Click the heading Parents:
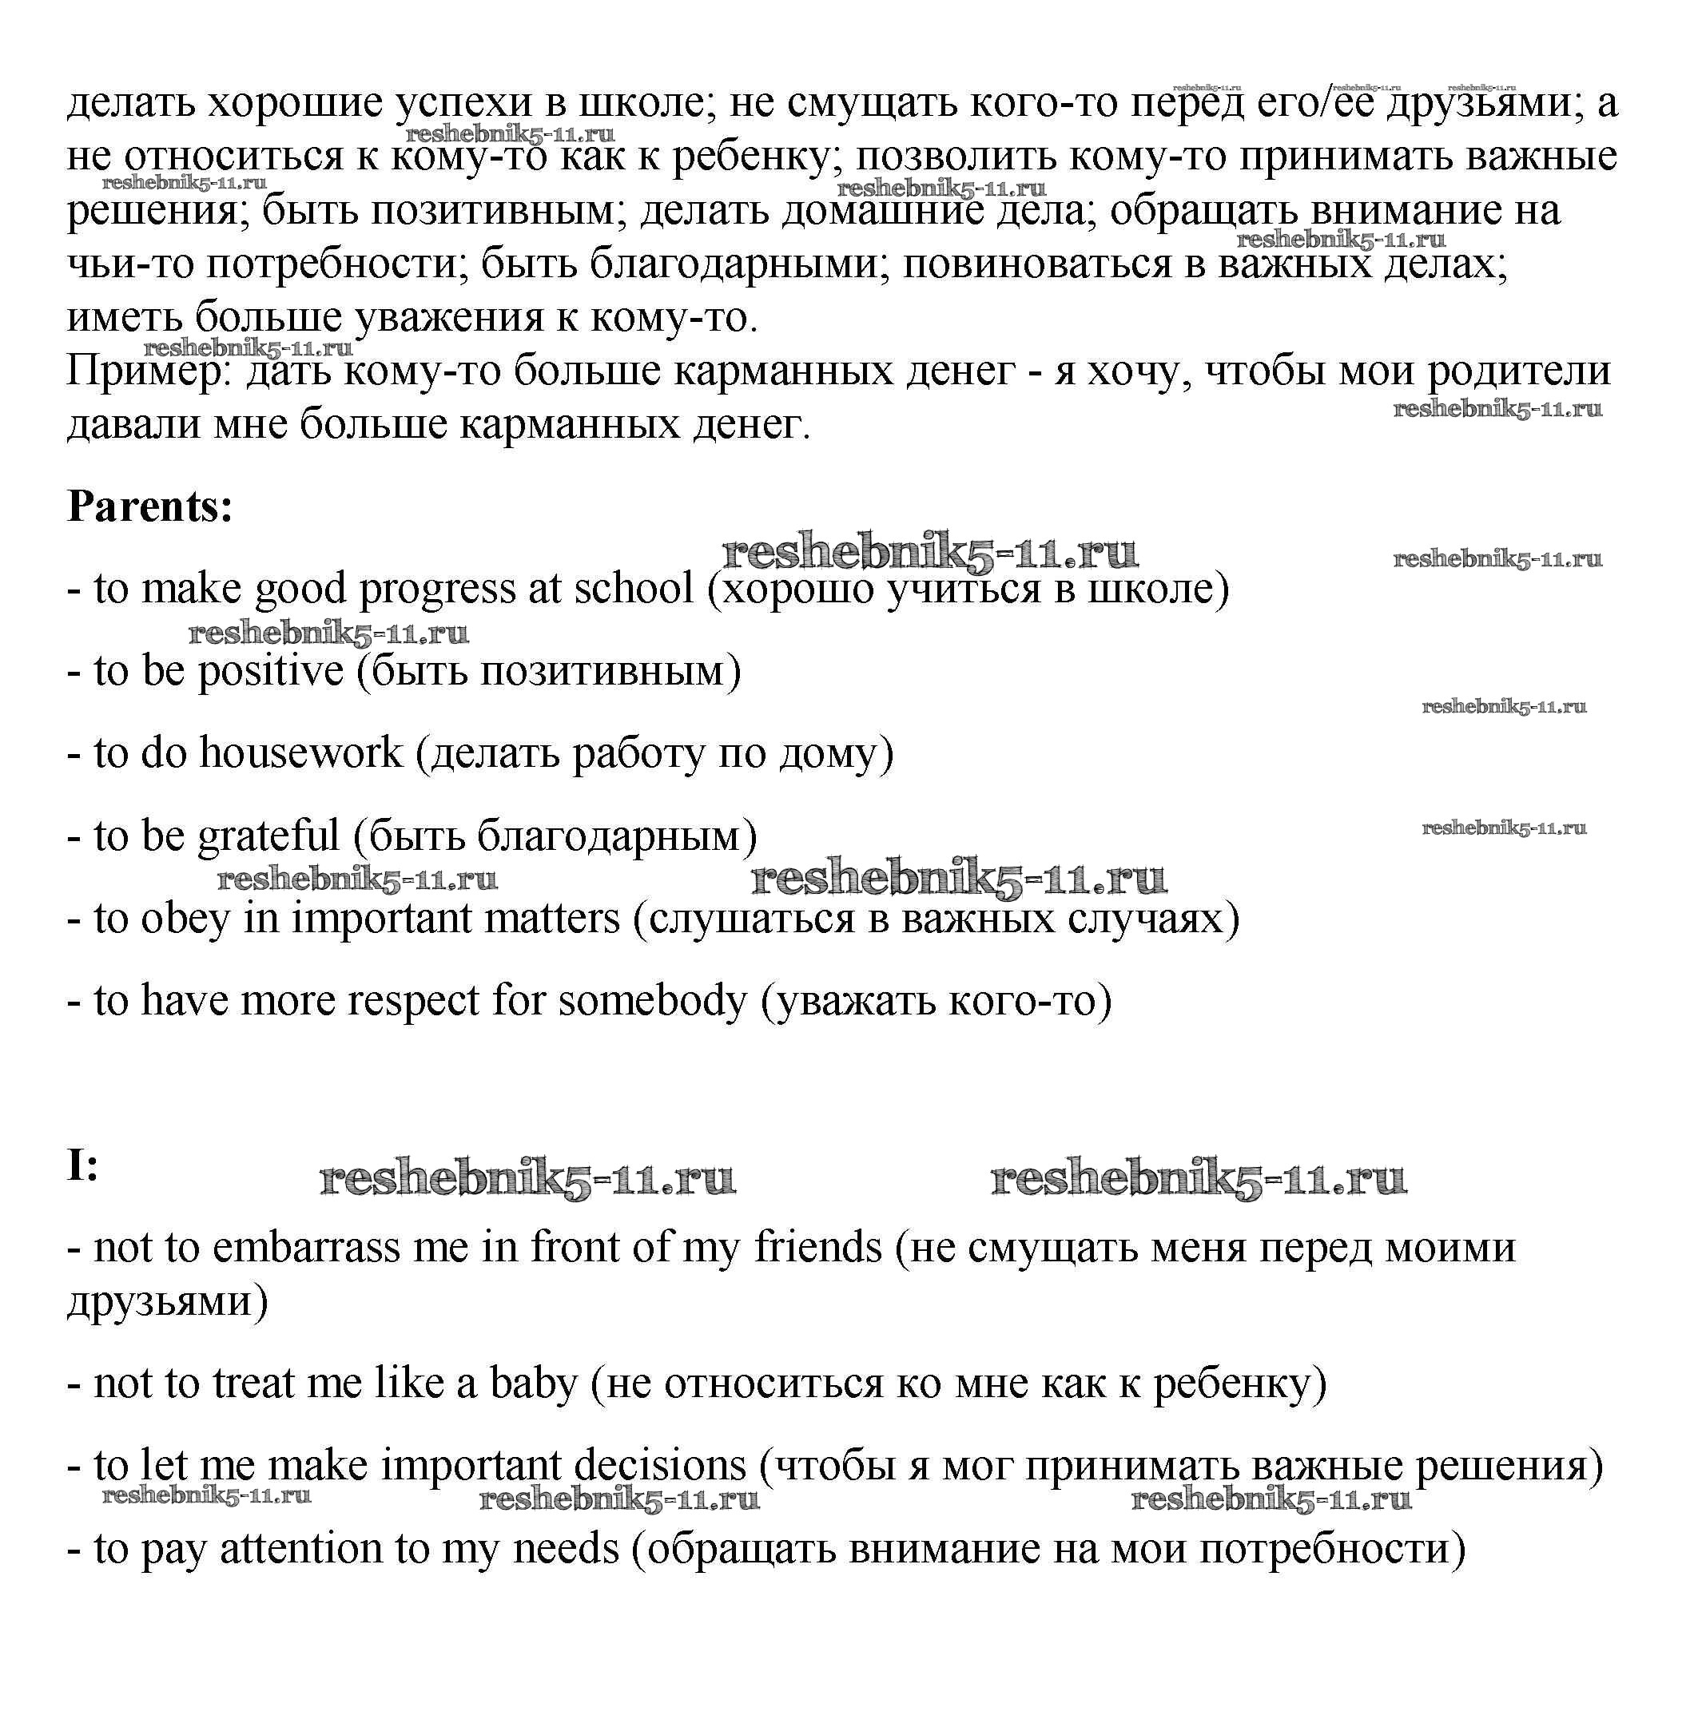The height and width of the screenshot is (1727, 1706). pyautogui.click(x=149, y=506)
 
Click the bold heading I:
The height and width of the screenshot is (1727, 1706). pyautogui.click(x=82, y=1165)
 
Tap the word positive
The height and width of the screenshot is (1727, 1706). pyautogui.click(x=271, y=671)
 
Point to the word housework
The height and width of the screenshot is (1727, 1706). pyautogui.click(x=300, y=752)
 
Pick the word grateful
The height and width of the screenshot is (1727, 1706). pyautogui.click(x=268, y=836)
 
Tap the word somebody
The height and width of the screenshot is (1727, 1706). pyautogui.click(x=652, y=1000)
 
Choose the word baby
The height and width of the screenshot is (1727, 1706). pyautogui.click(x=533, y=1384)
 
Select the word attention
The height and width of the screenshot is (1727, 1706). pyautogui.click(x=300, y=1549)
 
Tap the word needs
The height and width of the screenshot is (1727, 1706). pyautogui.click(x=565, y=1549)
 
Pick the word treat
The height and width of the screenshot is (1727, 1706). pyautogui.click(x=254, y=1384)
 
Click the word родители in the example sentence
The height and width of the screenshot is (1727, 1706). pyautogui.click(x=1519, y=371)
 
